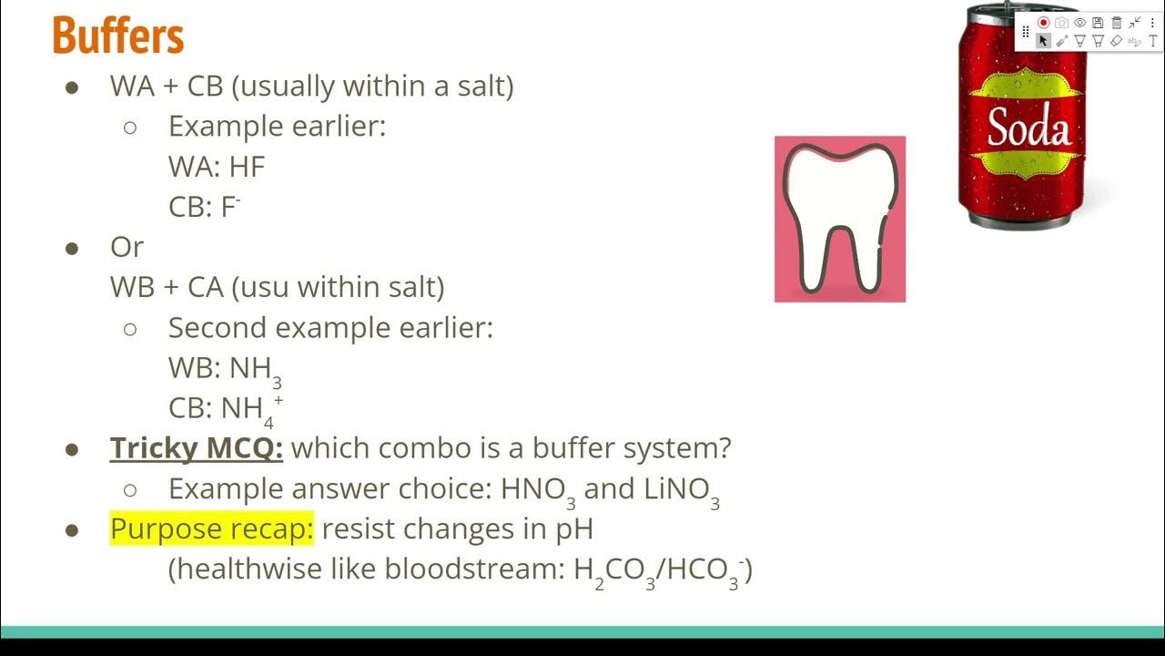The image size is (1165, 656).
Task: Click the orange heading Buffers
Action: click(x=118, y=36)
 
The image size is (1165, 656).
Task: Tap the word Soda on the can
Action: click(x=1028, y=128)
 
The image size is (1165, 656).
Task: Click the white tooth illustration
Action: click(x=839, y=219)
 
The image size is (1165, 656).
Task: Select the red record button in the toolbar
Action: click(x=1044, y=23)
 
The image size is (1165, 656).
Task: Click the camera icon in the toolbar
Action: click(x=1062, y=23)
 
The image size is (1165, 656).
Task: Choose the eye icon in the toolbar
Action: click(x=1080, y=23)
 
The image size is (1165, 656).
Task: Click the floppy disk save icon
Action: click(x=1099, y=23)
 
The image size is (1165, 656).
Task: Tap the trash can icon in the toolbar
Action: click(x=1117, y=23)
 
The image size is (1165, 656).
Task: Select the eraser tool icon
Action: click(x=1117, y=41)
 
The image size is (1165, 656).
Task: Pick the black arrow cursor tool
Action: click(x=1044, y=41)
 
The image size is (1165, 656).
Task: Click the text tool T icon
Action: click(x=1153, y=41)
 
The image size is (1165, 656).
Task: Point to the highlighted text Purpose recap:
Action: click(x=211, y=528)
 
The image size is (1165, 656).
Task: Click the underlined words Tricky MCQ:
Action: click(x=197, y=448)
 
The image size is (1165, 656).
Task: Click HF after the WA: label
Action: click(x=247, y=167)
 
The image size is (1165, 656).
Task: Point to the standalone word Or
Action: click(x=127, y=247)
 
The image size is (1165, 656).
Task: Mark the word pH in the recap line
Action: click(x=574, y=528)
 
